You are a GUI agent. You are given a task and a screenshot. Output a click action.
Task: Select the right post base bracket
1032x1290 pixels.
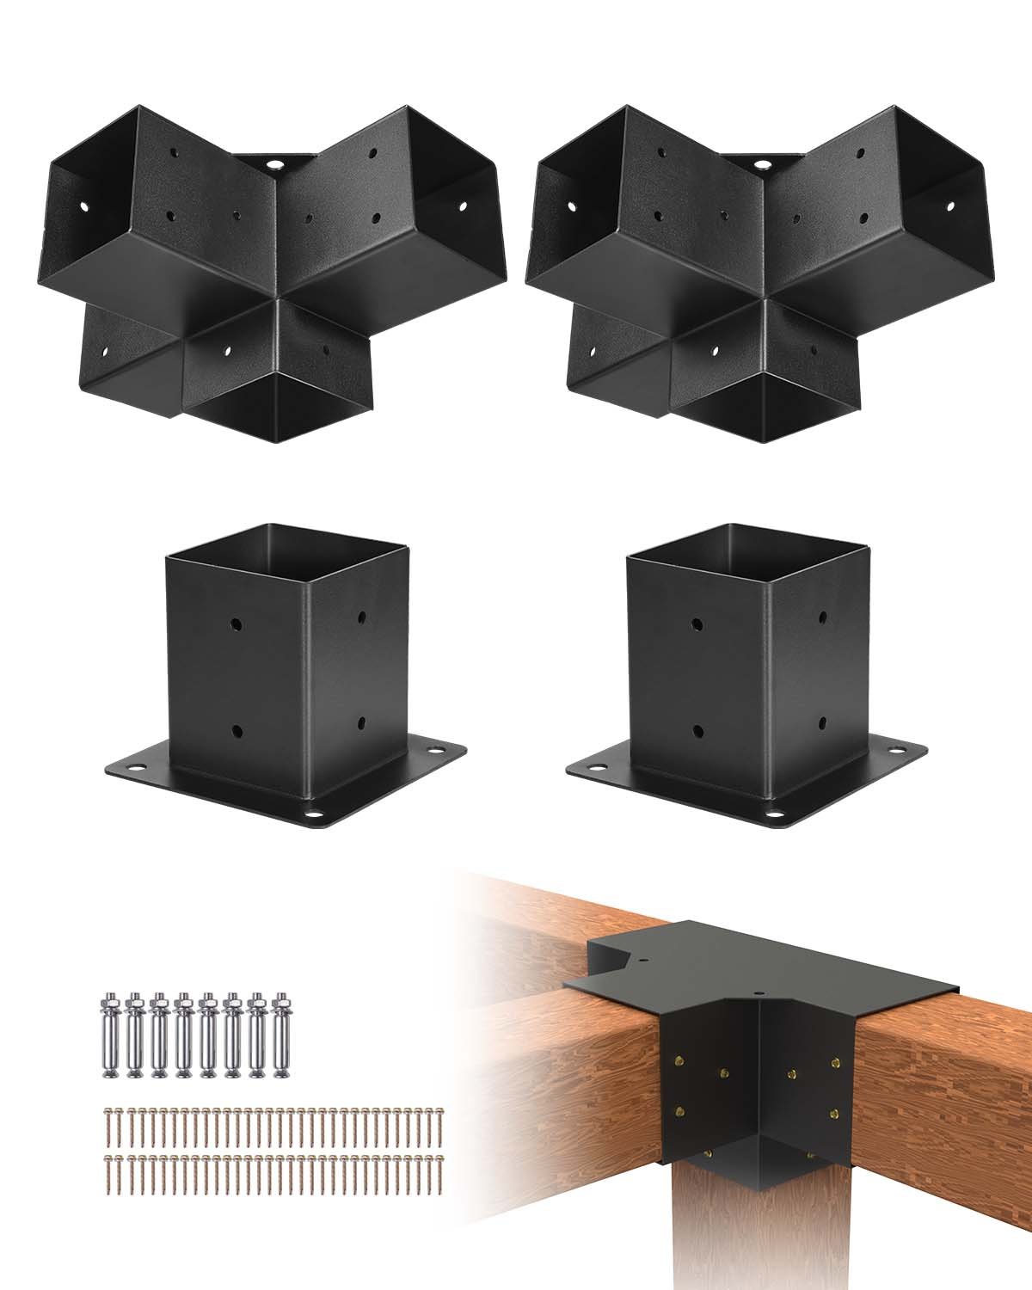tap(746, 671)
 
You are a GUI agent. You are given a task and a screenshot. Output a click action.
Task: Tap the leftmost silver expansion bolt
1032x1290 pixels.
tap(112, 1036)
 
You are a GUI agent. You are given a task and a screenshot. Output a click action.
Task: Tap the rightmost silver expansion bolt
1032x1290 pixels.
tap(280, 1036)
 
